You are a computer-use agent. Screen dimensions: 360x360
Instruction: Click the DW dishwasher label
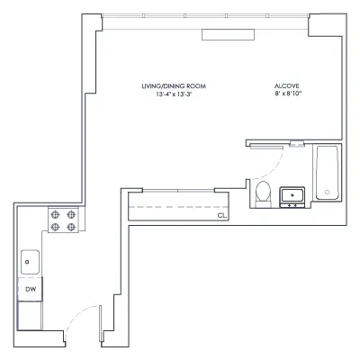[x=30, y=289]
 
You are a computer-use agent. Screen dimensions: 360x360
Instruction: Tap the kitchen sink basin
[x=29, y=262]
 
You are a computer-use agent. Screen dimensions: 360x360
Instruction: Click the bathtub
[x=327, y=175]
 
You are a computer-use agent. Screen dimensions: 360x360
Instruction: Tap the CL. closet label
[x=221, y=216]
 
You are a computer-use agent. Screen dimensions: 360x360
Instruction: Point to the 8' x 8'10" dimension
[x=287, y=94]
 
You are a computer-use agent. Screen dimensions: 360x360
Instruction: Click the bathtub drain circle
[x=328, y=192]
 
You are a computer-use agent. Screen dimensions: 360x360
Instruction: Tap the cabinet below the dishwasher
[x=30, y=315]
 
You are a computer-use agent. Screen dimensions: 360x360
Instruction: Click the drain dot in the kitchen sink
[x=29, y=262]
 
